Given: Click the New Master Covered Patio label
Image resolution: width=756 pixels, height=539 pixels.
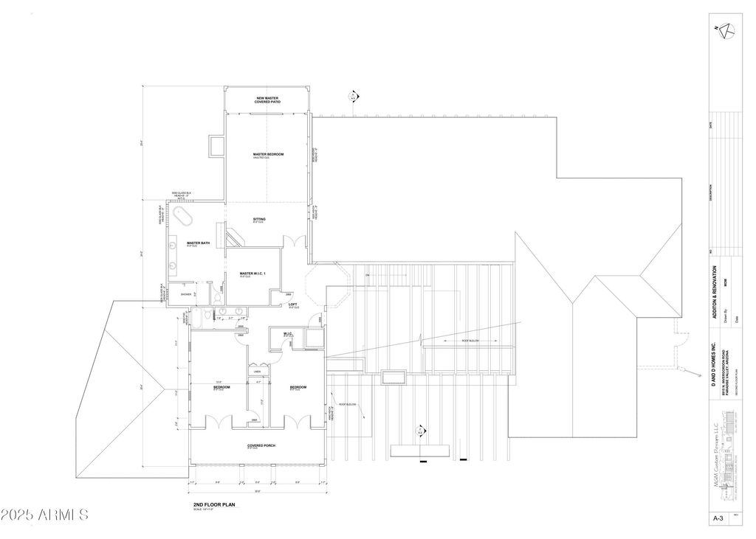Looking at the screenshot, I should coord(269,100).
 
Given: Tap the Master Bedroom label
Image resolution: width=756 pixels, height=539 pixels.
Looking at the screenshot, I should coord(268,155).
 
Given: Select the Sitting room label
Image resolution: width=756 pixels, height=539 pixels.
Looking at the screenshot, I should coord(259,220).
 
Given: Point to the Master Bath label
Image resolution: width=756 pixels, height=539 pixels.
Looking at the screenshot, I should coord(195,243).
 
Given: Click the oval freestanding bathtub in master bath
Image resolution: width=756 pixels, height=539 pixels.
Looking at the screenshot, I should coord(182,218).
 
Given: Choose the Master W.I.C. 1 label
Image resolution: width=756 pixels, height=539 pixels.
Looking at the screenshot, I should coord(252,274).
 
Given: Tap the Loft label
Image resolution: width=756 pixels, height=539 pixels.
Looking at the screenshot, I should coord(293,305).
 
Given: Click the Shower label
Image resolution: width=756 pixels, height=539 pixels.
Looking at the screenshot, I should coord(175,293).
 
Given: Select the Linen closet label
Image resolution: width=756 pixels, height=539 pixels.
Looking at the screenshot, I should coord(256,372).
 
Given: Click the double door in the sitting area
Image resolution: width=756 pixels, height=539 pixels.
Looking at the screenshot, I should coord(296,241).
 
